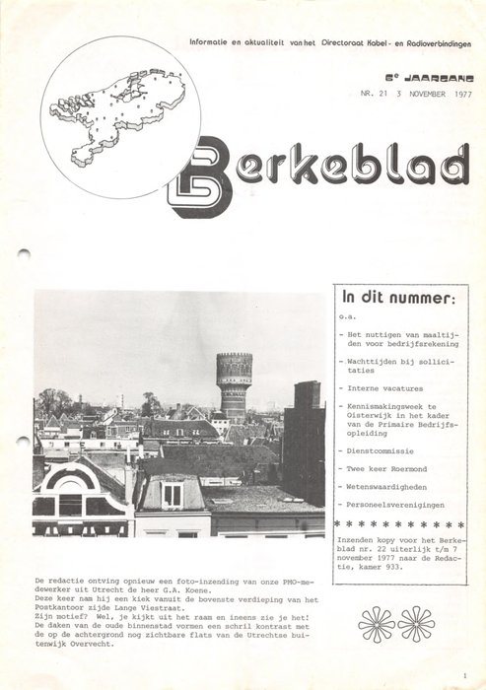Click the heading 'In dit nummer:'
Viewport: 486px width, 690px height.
[x=398, y=297]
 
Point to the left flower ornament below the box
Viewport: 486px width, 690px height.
[x=377, y=623]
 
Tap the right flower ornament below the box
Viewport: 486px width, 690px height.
[x=416, y=623]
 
